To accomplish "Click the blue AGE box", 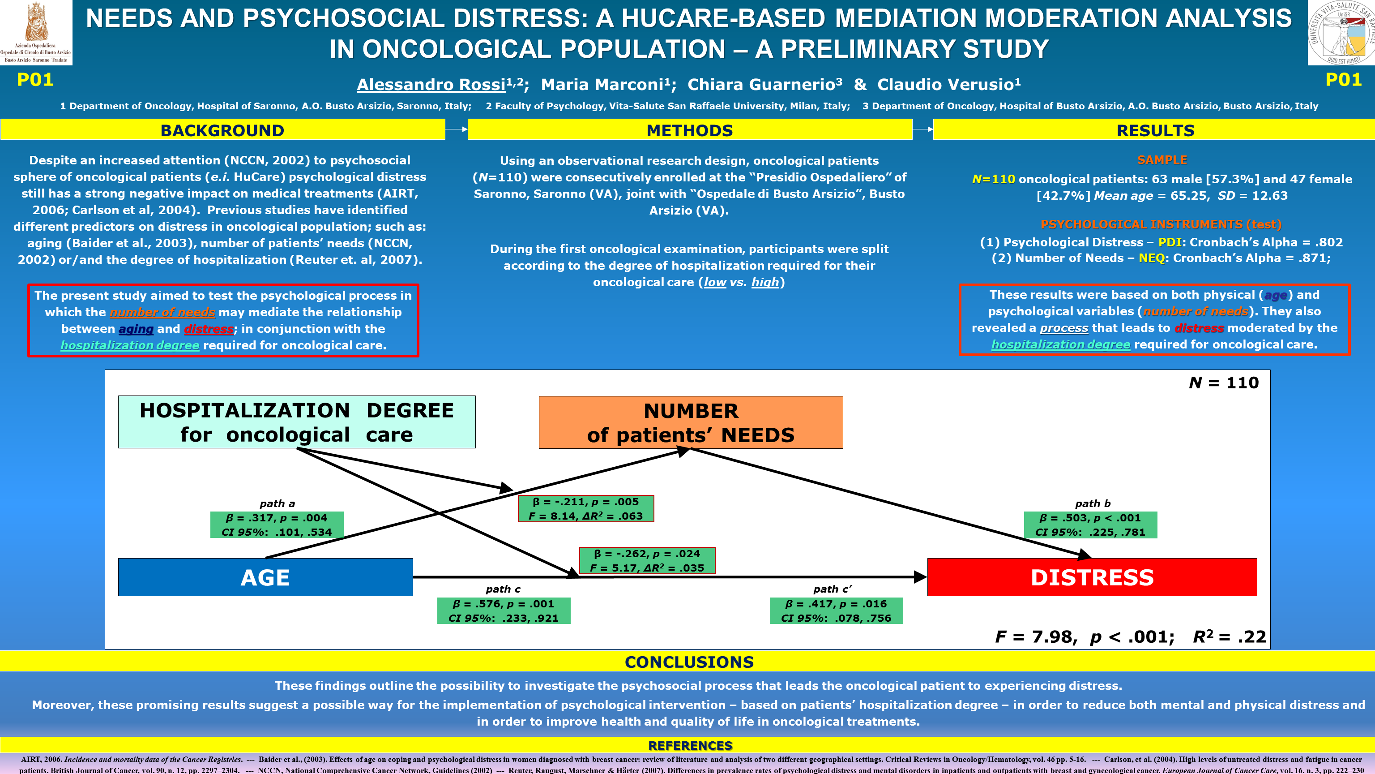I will [x=265, y=577].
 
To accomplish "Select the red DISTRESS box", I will [x=1092, y=577].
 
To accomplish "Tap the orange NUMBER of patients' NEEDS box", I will [x=691, y=422].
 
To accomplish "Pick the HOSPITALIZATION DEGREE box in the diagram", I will [x=296, y=421].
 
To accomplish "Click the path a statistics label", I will [x=277, y=525].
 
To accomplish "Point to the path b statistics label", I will [x=1090, y=525].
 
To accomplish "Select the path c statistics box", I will [x=504, y=611].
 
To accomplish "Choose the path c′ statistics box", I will [x=836, y=611].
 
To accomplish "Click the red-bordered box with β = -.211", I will [x=585, y=508].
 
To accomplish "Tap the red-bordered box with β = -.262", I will [x=647, y=560].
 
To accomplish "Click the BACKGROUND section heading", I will [x=222, y=130].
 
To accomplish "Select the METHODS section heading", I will [x=690, y=130].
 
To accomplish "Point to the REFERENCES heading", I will [x=690, y=745].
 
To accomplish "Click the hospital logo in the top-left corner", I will [x=36, y=32].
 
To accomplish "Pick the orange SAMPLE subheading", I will [x=1161, y=160].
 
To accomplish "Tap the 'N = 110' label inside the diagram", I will [x=1223, y=383].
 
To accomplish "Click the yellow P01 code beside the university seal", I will [x=1343, y=80].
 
